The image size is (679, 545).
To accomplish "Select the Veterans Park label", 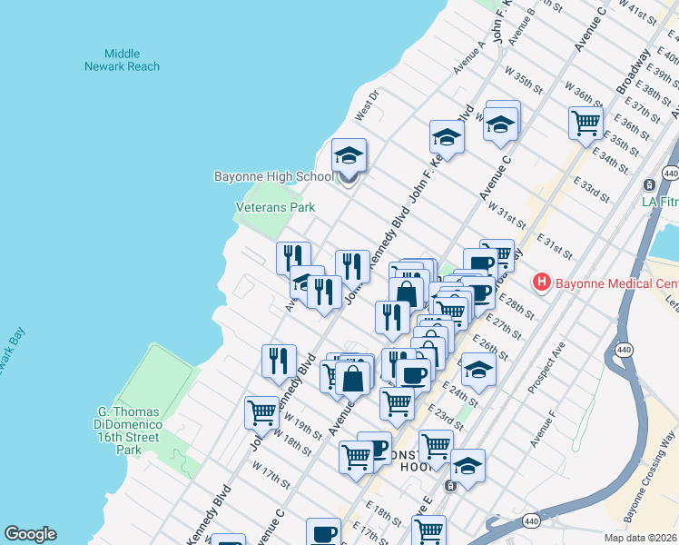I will pyautogui.click(x=275, y=207).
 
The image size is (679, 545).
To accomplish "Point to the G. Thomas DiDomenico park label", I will pyautogui.click(x=130, y=430).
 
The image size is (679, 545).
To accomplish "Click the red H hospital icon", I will pyautogui.click(x=542, y=282).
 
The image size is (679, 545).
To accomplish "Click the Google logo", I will pyautogui.click(x=31, y=534).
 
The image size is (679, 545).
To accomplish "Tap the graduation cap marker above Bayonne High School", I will pyautogui.click(x=349, y=155).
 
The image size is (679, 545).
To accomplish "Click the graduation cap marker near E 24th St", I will pyautogui.click(x=478, y=370).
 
